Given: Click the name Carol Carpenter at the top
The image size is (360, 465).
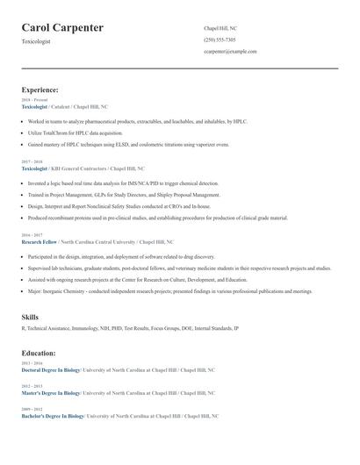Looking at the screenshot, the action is [x=62, y=28].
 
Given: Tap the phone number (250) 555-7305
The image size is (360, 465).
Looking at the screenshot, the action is [x=220, y=40].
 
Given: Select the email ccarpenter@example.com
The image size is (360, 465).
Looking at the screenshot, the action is [x=230, y=52].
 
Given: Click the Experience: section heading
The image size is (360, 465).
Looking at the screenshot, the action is [x=40, y=89].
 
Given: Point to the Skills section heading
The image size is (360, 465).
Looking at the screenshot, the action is [x=30, y=316].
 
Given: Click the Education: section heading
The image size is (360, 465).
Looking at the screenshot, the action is [x=39, y=353].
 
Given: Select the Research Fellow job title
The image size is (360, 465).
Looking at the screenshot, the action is [x=39, y=241].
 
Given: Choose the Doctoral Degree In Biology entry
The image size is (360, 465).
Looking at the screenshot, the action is [x=51, y=369].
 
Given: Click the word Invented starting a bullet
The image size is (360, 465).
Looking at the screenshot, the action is [x=38, y=183].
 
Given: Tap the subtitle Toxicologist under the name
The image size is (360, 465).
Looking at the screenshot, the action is [x=37, y=41].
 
